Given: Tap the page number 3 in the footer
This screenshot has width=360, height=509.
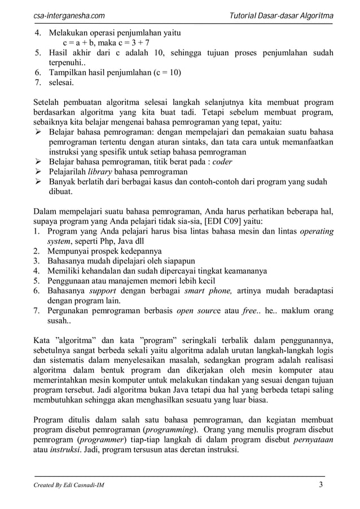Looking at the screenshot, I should click(x=321, y=485).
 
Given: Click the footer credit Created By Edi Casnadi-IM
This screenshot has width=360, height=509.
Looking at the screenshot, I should click(x=69, y=485).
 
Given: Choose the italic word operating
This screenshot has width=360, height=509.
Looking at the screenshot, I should click(x=317, y=231).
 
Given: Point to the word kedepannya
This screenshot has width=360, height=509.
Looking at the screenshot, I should click(x=139, y=251).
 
